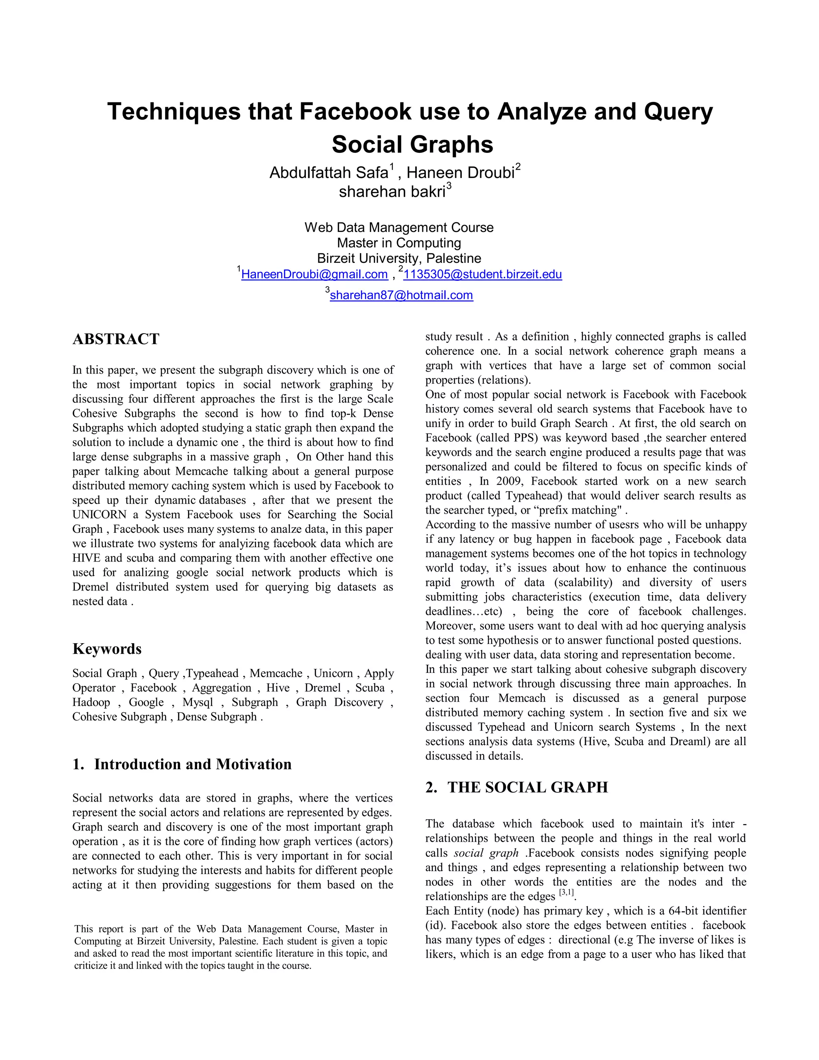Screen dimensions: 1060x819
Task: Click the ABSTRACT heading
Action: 116,339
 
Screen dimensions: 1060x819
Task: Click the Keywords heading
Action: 107,649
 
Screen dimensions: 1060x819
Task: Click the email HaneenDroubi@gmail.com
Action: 314,275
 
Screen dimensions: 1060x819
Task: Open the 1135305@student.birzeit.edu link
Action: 482,275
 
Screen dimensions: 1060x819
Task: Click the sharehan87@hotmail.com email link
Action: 401,295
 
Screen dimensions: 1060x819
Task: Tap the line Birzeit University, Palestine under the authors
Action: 399,258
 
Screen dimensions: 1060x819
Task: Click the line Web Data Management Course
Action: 399,228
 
